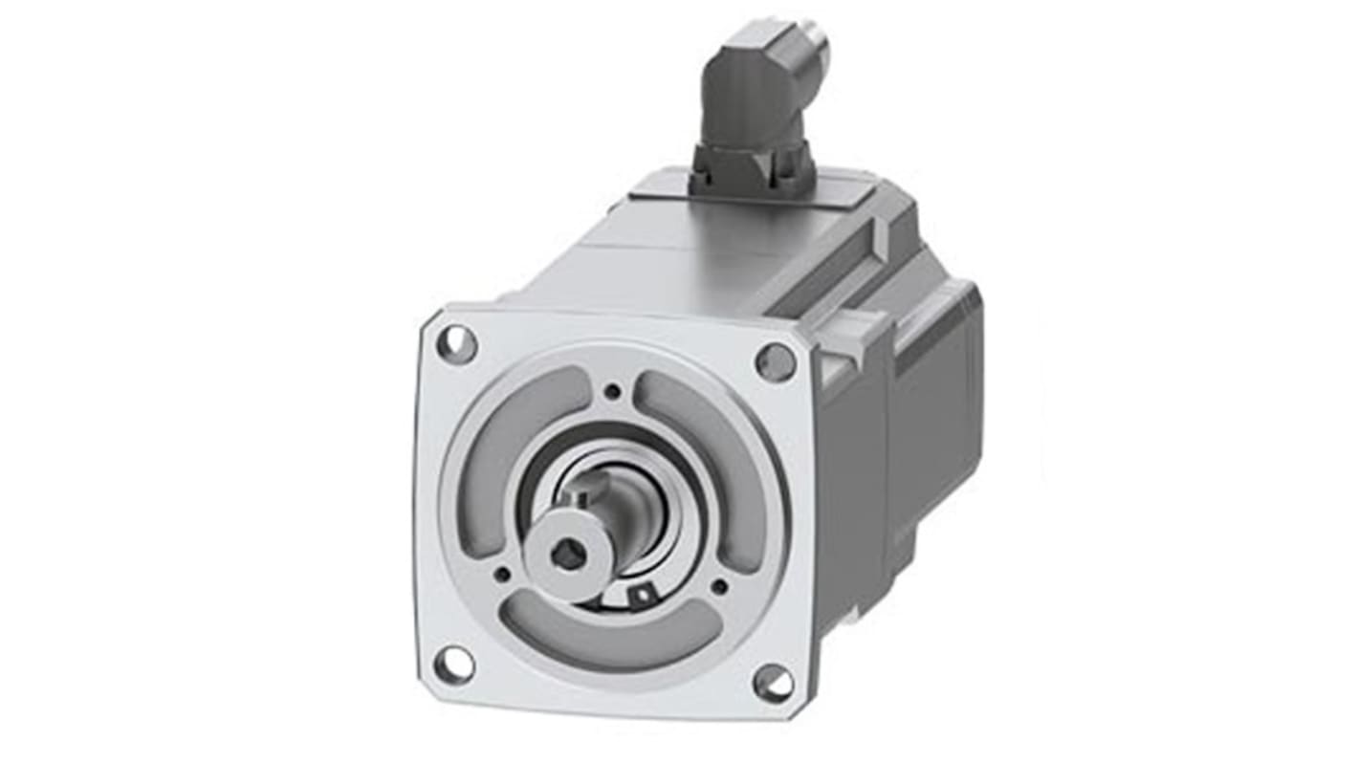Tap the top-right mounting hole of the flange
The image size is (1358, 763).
(776, 361)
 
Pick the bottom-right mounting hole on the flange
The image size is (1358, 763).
(773, 682)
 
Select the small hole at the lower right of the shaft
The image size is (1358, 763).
(719, 585)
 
